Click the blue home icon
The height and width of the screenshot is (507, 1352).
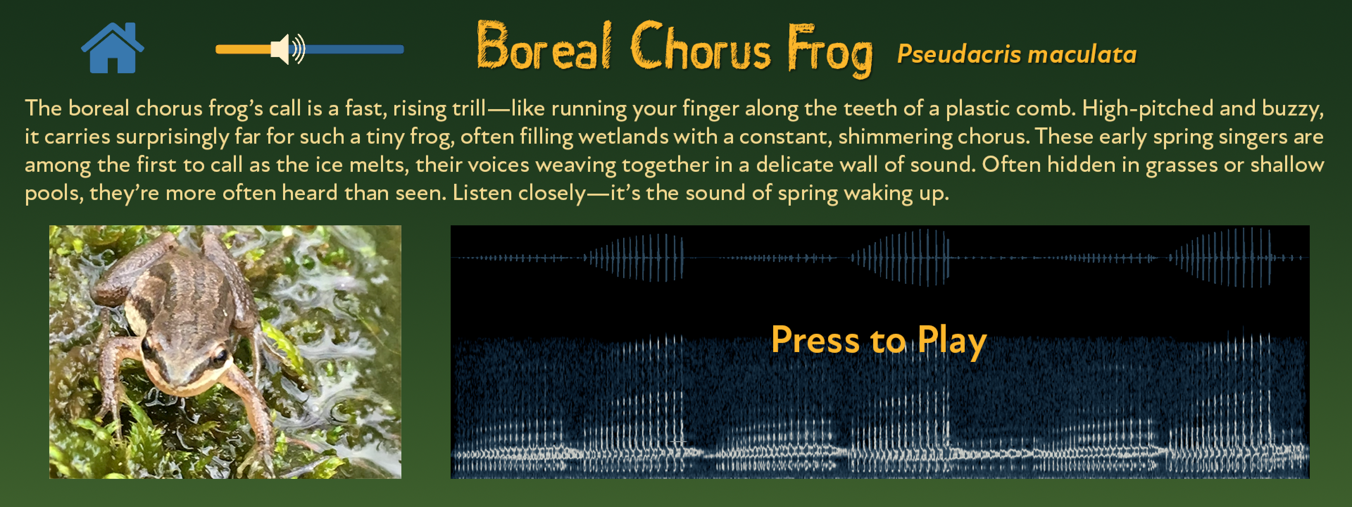[112, 48]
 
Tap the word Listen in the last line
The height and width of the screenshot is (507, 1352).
[482, 193]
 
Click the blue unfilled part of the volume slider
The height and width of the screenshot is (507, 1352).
[354, 49]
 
